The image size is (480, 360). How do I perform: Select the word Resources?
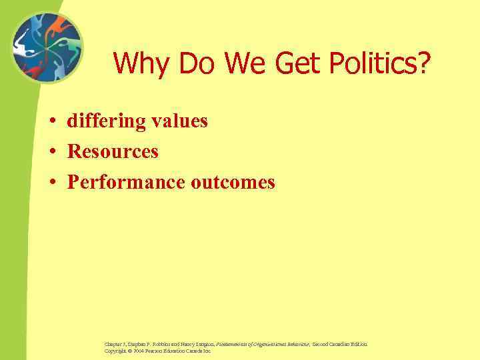point(113,152)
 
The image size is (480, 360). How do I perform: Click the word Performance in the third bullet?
point(126,182)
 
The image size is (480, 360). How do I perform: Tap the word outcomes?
point(233,182)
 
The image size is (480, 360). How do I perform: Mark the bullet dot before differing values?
point(51,122)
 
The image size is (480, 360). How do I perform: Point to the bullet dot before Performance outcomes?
point(51,183)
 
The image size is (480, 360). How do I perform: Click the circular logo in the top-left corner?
point(46,49)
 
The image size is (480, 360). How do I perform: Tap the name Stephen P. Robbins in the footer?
point(145,344)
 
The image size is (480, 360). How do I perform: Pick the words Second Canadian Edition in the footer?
point(339,344)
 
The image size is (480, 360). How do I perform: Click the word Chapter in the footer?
point(112,344)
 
